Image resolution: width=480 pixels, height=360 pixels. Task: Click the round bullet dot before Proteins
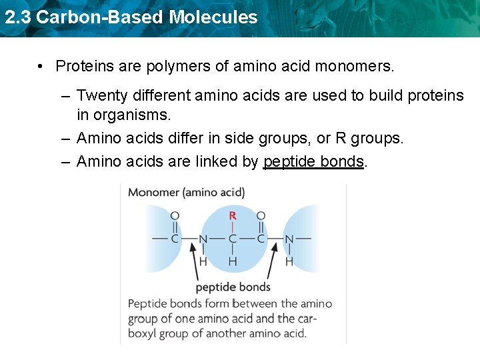coord(41,67)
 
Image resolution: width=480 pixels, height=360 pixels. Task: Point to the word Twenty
coord(101,96)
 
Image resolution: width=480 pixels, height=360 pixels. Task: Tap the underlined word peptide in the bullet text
coord(289,161)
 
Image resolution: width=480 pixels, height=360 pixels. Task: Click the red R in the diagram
coord(232,215)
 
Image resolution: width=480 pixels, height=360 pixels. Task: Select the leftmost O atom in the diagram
coord(175,215)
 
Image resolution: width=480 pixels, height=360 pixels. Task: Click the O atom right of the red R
coord(261,215)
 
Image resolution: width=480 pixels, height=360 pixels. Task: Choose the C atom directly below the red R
coord(232,239)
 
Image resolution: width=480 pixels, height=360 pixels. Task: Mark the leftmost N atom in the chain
coord(203,239)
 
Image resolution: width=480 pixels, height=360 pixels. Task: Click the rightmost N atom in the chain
coord(289,239)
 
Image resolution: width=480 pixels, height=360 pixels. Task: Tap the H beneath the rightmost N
coord(289,261)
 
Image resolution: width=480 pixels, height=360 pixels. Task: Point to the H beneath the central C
coord(232,261)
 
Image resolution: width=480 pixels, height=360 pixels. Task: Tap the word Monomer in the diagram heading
coord(153,193)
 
